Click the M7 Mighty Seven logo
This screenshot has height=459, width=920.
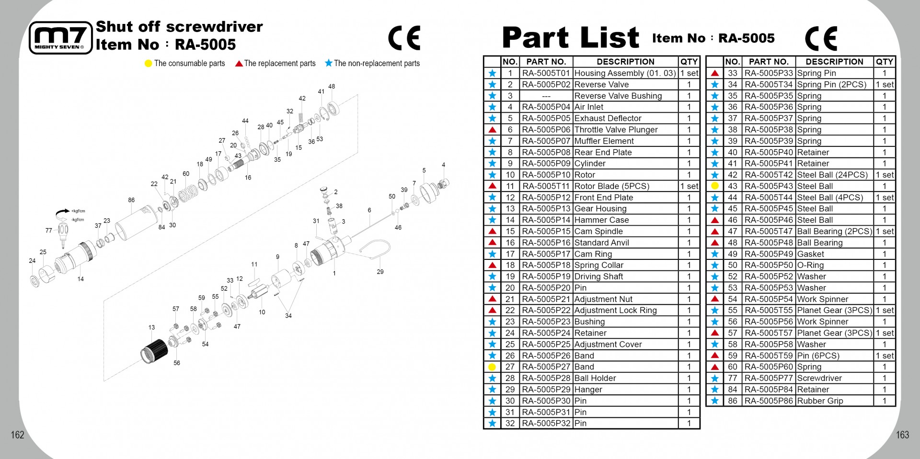[x=60, y=37]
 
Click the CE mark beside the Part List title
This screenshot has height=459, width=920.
[x=821, y=38]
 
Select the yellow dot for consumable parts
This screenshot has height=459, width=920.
[x=148, y=64]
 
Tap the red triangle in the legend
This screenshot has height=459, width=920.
[x=239, y=64]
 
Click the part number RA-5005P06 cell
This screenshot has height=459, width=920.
[x=546, y=130]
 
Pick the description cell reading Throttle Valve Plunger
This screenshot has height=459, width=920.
[x=625, y=130]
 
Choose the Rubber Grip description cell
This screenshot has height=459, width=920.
[x=835, y=401]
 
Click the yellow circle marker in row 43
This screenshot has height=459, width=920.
[x=715, y=186]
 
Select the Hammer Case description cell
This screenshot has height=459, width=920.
[x=625, y=220]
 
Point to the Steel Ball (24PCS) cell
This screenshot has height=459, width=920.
[x=835, y=175]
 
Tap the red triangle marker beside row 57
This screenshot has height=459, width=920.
[x=715, y=333]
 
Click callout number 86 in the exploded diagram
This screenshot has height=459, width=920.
[x=131, y=200]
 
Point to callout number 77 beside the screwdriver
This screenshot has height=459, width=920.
[x=49, y=230]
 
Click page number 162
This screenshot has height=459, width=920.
[x=18, y=435]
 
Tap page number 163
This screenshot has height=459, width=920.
[x=903, y=435]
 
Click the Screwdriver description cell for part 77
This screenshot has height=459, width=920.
[x=835, y=378]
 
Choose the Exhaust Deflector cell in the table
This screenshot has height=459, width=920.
[x=625, y=118]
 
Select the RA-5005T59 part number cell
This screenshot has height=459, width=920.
[x=769, y=356]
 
